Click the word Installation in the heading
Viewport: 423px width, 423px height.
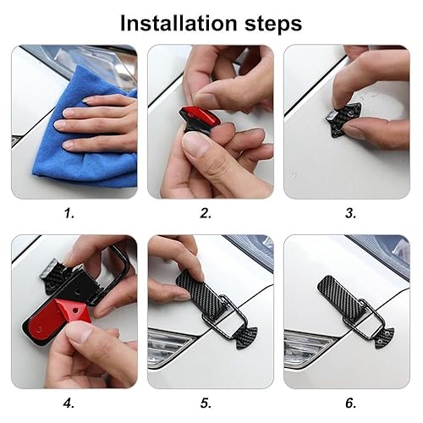pos(179,23)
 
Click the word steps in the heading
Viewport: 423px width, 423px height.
pos(273,25)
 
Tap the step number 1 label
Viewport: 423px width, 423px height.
pos(69,213)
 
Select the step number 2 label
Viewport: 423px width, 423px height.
pos(206,213)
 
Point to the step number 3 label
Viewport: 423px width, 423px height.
pos(350,213)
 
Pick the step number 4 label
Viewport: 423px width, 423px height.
pos(69,404)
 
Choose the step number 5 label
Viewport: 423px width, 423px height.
pos(206,404)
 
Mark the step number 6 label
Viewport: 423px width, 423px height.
pos(350,404)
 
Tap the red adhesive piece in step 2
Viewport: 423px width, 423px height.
pos(196,116)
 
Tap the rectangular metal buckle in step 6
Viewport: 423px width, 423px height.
pos(364,319)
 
